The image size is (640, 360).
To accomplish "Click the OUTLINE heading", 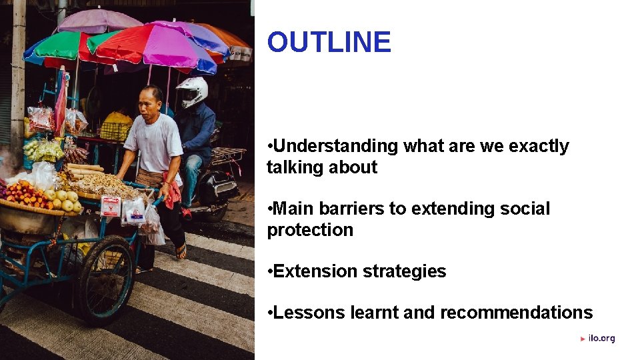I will click(x=329, y=42).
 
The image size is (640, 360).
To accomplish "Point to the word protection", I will click(x=310, y=230).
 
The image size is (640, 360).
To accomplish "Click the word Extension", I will click(x=315, y=271).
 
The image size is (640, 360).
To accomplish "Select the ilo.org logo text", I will click(x=601, y=339).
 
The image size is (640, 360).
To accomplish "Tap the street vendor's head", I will click(x=151, y=100).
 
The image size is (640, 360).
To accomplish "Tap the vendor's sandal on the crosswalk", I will click(x=181, y=251).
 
